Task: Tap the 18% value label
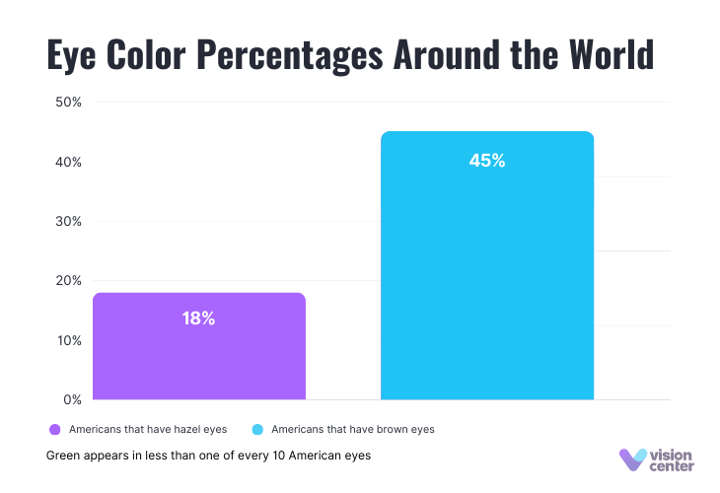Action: point(198,318)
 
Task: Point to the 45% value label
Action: point(487,161)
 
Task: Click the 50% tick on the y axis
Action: point(67,103)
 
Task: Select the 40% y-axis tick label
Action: point(67,162)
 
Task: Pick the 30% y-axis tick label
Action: point(67,221)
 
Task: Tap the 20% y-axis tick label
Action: point(67,281)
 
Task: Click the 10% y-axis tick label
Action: point(67,340)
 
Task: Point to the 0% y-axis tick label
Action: point(71,399)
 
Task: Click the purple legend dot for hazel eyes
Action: point(54,430)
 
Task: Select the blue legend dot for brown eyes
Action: point(257,430)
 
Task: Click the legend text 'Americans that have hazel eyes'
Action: point(148,430)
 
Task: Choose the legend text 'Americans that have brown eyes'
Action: point(352,430)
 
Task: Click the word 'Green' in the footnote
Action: point(62,457)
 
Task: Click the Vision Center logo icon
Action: point(632,459)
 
